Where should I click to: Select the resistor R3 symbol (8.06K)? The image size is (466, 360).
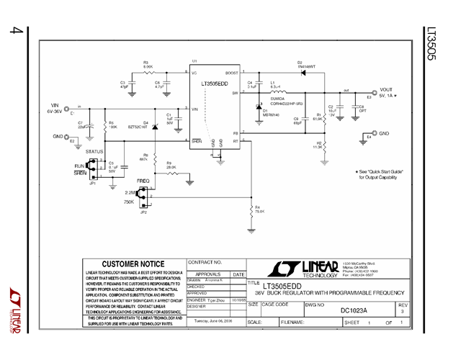148,72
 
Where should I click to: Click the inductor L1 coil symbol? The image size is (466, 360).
277,93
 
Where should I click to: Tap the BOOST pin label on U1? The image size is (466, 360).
232,73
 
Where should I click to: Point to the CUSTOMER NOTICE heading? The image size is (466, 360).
133,264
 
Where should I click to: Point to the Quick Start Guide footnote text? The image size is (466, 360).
381,174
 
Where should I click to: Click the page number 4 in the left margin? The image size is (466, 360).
14,32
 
